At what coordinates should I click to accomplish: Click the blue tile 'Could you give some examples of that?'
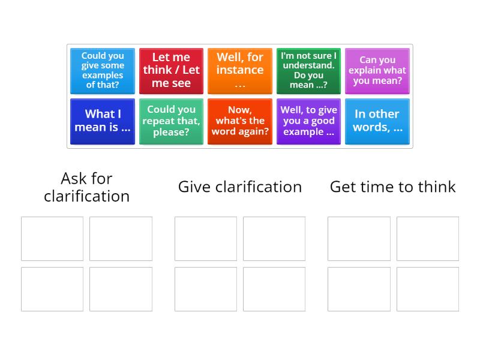click(103, 71)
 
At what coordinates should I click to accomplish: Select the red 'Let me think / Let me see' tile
click(171, 71)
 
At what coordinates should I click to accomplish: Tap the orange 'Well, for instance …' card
click(240, 71)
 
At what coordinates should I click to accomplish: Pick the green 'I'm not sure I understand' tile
click(308, 71)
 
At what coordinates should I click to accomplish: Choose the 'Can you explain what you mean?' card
click(377, 71)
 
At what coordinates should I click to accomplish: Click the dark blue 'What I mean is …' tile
click(103, 121)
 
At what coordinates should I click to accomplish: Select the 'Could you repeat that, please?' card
click(171, 121)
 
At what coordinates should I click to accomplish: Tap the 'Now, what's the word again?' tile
click(240, 121)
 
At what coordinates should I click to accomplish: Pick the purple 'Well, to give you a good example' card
click(308, 121)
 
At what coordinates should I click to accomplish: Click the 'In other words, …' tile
click(377, 121)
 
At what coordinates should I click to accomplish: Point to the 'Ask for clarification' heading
click(86, 187)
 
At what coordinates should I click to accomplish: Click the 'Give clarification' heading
click(240, 187)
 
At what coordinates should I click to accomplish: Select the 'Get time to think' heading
click(393, 187)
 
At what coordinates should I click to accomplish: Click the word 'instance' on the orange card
click(240, 70)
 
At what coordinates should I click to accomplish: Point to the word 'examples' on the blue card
click(103, 76)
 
